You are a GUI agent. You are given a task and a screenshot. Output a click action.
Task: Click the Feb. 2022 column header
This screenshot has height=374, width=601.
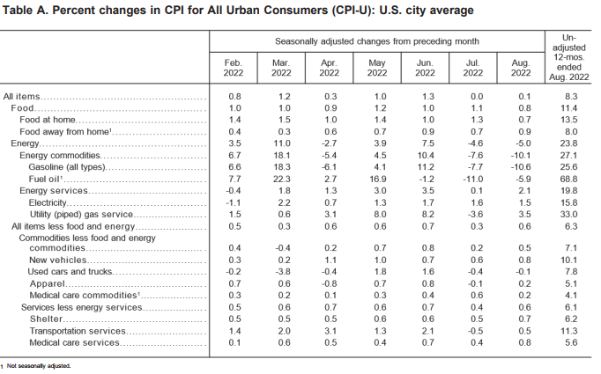tap(233, 68)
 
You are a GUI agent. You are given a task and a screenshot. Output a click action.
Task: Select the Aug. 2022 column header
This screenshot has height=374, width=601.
tap(521, 68)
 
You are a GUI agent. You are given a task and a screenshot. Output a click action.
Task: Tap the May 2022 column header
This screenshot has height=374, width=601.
tap(377, 68)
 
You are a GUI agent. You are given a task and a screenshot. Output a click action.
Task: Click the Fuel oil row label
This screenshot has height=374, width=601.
tap(45, 179)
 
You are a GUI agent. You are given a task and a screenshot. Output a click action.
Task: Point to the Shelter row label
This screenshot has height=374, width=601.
tap(46, 319)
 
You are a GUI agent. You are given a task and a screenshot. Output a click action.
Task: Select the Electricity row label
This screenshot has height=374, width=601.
tap(48, 202)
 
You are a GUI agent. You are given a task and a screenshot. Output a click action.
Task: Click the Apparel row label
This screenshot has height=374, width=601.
tap(48, 283)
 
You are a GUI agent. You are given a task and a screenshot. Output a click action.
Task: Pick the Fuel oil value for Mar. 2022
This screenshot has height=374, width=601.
tap(281, 179)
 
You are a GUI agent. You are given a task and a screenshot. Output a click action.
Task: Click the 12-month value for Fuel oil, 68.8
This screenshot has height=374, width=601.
tap(568, 179)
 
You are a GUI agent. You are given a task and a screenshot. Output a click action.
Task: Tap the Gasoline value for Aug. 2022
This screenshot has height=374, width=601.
tap(521, 167)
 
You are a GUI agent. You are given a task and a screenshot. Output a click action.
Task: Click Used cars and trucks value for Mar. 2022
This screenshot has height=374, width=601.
tap(283, 271)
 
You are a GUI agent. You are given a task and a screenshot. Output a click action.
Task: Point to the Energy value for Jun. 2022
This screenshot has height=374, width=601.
tap(427, 143)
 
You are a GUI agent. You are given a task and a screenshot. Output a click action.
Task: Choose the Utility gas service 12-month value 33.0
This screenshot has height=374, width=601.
tap(568, 214)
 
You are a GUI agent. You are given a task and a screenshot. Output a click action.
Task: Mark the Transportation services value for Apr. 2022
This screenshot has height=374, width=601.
tap(330, 331)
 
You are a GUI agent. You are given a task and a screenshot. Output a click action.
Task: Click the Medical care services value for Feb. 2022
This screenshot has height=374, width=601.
tap(234, 342)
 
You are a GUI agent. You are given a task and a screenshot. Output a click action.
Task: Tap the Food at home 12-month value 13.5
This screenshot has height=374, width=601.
tap(568, 120)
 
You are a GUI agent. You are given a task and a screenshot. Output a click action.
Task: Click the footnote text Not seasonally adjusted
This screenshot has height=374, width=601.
tap(39, 366)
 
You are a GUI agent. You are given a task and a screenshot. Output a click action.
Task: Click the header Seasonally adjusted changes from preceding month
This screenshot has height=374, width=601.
tap(377, 41)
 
